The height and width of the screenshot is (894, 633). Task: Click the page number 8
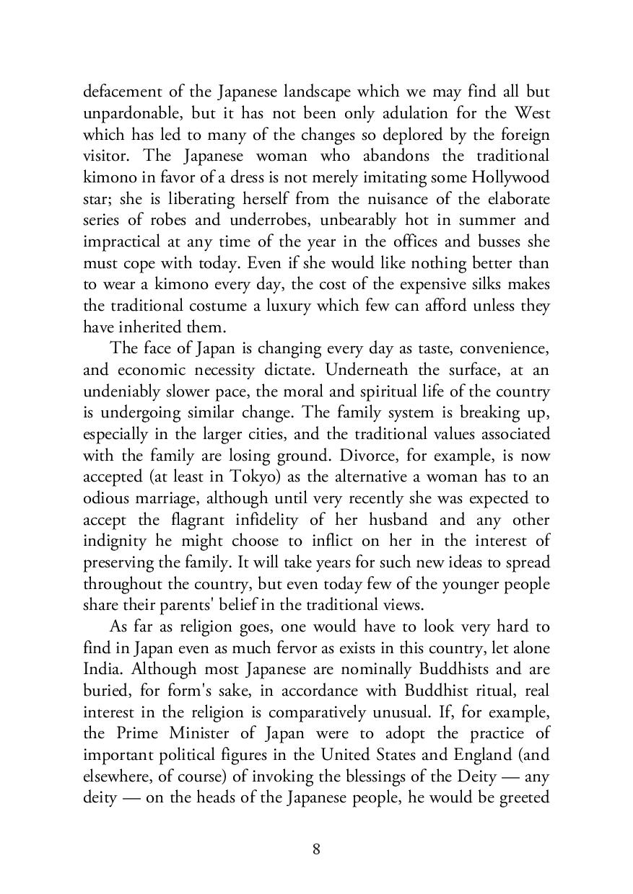coord(316,849)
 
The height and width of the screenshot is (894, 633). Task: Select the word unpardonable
coord(125,114)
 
